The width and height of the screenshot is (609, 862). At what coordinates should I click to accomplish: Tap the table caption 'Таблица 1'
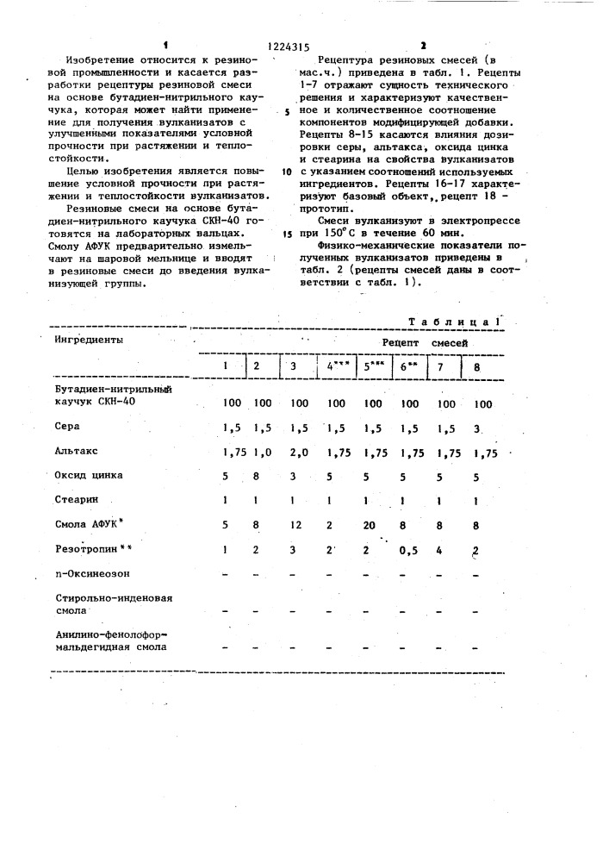click(x=454, y=321)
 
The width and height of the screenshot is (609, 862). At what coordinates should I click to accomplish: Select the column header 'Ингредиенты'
click(x=88, y=340)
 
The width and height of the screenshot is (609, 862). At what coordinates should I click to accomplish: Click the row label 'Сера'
click(x=67, y=427)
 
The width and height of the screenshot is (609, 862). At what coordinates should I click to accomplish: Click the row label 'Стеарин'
click(x=77, y=499)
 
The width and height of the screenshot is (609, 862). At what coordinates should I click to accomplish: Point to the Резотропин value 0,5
click(x=409, y=549)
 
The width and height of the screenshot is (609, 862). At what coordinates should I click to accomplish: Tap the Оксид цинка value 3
click(x=295, y=475)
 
